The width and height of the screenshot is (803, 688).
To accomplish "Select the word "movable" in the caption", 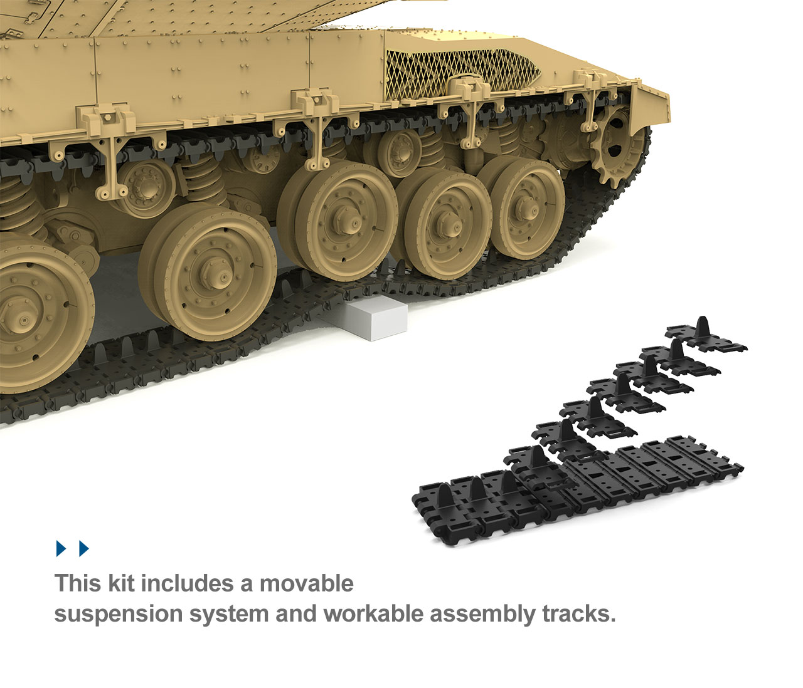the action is (307, 583).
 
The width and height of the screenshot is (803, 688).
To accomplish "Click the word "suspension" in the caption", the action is (119, 614).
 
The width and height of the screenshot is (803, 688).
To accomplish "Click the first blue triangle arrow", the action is (61, 548).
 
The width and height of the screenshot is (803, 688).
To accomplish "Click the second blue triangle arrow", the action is (84, 548).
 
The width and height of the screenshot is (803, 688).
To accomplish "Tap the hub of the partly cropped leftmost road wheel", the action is (19, 315).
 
